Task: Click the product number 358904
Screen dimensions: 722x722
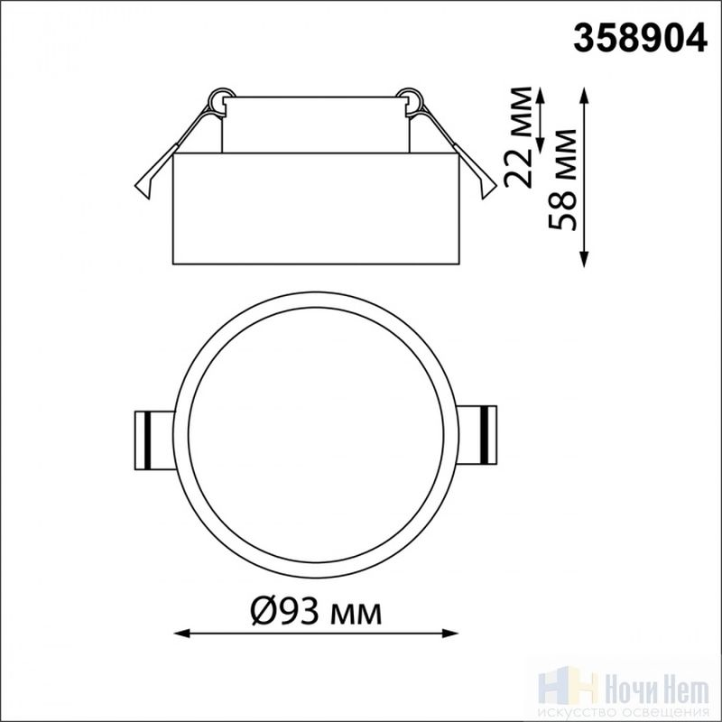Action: coord(640,38)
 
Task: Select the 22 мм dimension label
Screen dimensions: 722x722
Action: coord(518,137)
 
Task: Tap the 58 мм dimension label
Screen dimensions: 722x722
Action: coord(562,180)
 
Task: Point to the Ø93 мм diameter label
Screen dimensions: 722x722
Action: coord(316,612)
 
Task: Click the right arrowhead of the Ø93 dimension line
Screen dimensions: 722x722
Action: coord(449,634)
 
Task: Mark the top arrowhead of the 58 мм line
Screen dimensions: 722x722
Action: coord(584,95)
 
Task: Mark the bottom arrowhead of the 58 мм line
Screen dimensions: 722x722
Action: coord(584,259)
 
